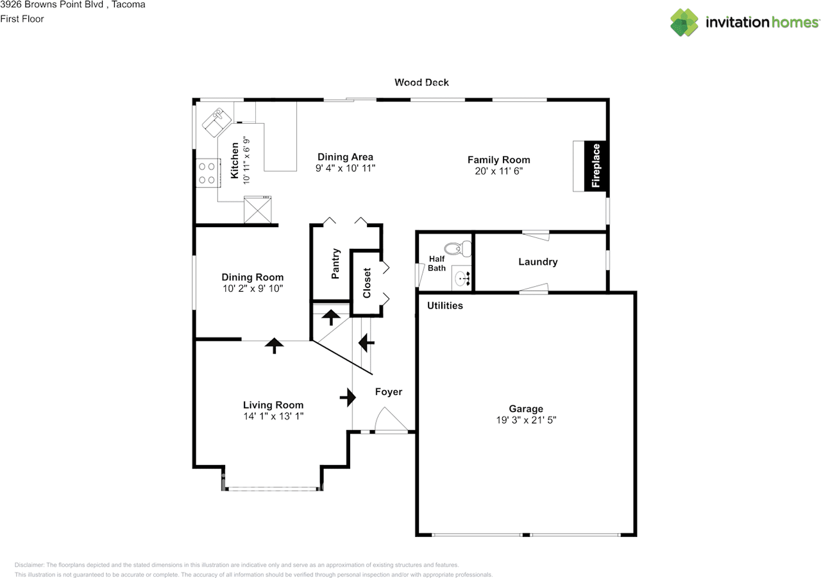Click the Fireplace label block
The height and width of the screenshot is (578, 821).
coord(596,166)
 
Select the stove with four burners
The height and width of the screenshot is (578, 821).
coord(207,173)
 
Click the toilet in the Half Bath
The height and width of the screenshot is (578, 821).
coord(454,248)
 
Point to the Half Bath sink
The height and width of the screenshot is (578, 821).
coord(462,278)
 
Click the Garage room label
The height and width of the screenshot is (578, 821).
coord(526,409)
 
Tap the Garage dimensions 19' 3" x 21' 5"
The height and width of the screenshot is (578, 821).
coord(526,420)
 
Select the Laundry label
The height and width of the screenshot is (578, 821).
coord(537,262)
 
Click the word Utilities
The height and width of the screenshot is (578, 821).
coord(445,305)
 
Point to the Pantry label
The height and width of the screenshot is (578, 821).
coord(335,264)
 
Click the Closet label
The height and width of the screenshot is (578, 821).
coord(367,283)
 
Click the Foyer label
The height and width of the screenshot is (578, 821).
coord(388,391)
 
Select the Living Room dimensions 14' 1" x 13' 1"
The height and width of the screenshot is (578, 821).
coord(273,416)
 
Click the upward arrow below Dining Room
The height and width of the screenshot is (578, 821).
coord(274,346)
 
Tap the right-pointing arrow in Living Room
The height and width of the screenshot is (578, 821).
coord(348,397)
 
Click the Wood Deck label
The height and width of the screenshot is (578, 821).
coord(421,82)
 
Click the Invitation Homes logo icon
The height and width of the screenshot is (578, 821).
coord(684,22)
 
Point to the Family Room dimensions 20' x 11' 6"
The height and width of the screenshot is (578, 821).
coord(498,171)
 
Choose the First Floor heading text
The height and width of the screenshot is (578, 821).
coord(22,19)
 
